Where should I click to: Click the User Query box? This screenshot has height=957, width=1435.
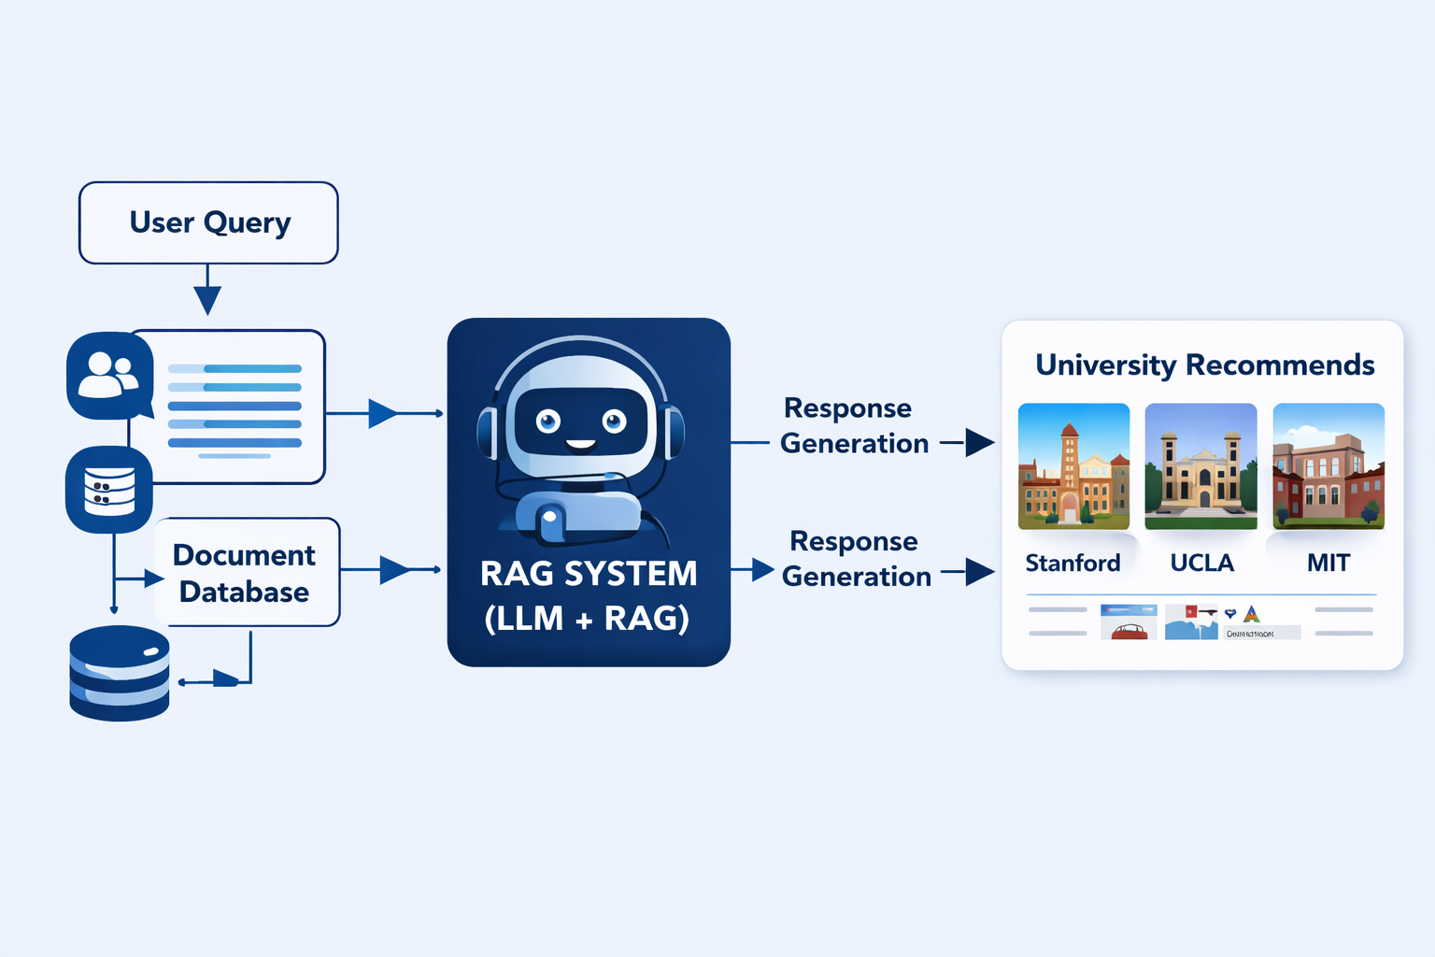coord(208,222)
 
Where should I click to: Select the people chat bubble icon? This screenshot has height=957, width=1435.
coord(109,375)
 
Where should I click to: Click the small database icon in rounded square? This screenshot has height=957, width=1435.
coord(109,490)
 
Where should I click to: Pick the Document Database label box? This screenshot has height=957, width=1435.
coord(246,573)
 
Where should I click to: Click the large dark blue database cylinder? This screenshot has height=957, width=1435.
coord(120,673)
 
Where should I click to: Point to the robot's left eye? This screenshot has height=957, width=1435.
coord(548,421)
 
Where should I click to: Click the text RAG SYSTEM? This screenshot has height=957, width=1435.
coord(589,573)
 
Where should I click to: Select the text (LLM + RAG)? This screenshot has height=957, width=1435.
coord(588,618)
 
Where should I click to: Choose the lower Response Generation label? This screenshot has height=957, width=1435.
coord(856,559)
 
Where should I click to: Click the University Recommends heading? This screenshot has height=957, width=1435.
coord(1204,364)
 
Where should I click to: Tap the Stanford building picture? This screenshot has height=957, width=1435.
coord(1073,465)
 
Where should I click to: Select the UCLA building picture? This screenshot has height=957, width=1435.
coord(1201,465)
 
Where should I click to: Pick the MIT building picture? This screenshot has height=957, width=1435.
coord(1328,465)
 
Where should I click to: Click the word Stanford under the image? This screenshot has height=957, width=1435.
coord(1073,563)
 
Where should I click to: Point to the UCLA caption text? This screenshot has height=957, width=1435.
coord(1201,563)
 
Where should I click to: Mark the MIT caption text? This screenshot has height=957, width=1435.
coord(1328,563)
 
